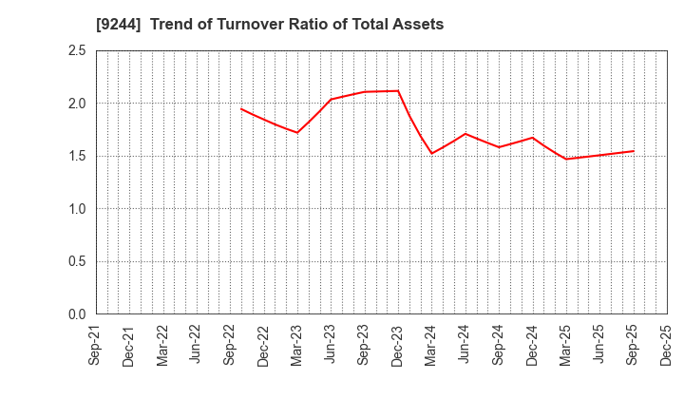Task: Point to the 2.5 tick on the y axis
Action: [77, 50]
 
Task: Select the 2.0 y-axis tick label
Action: [77, 104]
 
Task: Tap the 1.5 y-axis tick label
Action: [77, 156]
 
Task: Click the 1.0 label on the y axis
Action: [77, 209]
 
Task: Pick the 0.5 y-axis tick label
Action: [77, 261]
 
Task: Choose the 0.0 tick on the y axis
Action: [77, 314]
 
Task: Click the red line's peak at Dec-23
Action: [398, 91]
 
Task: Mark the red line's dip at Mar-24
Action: [431, 153]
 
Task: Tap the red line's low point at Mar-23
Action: [297, 132]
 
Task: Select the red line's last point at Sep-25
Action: [633, 151]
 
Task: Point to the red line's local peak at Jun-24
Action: [465, 134]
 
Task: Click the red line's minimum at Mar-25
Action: [566, 159]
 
